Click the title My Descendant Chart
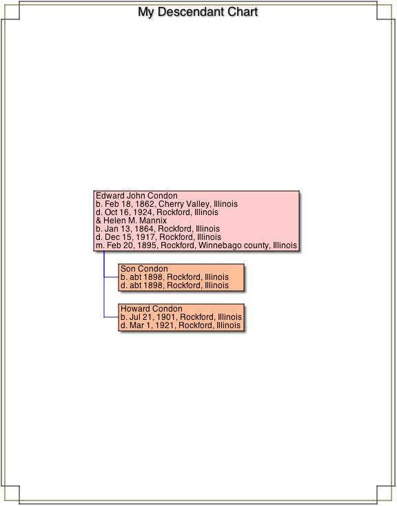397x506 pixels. [198, 12]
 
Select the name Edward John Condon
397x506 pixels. [136, 196]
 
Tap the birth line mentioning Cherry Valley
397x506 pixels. [167, 204]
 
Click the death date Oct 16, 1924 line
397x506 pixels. [157, 212]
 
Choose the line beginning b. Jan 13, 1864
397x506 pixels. [158, 229]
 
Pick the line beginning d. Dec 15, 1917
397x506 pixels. [159, 237]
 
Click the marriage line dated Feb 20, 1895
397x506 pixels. [196, 245]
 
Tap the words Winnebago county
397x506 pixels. [234, 245]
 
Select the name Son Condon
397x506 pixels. [144, 269]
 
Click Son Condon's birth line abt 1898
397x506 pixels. [174, 277]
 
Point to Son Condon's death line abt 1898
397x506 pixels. [174, 285]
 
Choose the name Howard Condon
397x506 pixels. [152, 309]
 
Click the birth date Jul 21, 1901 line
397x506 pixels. [181, 317]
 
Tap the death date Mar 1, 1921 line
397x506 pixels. [181, 325]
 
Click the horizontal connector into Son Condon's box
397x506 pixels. [112, 277]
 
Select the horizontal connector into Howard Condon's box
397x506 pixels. [112, 317]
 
